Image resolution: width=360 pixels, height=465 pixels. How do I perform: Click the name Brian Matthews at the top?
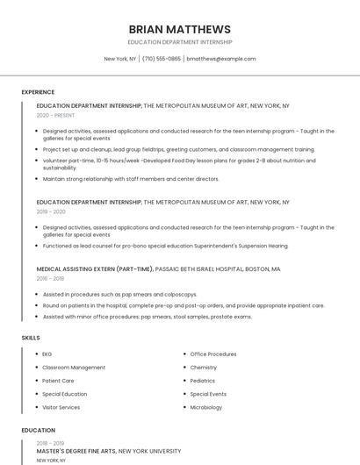click(179, 29)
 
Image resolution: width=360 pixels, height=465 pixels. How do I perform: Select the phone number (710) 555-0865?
click(162, 59)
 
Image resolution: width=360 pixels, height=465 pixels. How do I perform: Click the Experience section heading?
click(38, 92)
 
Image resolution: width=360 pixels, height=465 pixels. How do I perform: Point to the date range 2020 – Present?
click(55, 115)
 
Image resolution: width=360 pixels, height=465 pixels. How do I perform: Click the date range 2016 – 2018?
click(50, 278)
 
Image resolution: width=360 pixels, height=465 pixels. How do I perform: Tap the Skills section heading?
click(31, 337)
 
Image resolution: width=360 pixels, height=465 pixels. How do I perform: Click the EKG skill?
click(47, 354)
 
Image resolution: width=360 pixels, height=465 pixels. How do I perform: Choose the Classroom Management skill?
click(74, 368)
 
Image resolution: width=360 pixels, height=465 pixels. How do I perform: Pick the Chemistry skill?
click(204, 368)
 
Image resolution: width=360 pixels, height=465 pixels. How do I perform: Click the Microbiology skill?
click(206, 407)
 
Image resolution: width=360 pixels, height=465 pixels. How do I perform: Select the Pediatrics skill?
click(203, 381)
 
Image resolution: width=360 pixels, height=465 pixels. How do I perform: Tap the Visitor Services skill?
click(61, 407)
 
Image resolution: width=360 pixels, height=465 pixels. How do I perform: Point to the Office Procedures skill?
click(213, 354)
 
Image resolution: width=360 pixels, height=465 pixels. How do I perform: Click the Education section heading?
click(38, 431)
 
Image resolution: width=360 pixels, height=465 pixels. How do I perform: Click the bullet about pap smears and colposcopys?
click(119, 295)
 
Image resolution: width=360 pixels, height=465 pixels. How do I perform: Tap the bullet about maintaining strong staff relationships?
click(131, 179)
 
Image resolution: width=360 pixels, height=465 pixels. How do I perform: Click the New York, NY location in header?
click(120, 59)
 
